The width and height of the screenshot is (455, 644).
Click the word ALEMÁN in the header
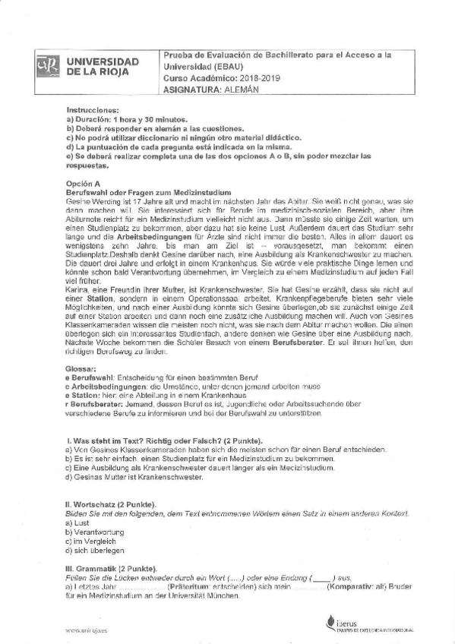[236, 90]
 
